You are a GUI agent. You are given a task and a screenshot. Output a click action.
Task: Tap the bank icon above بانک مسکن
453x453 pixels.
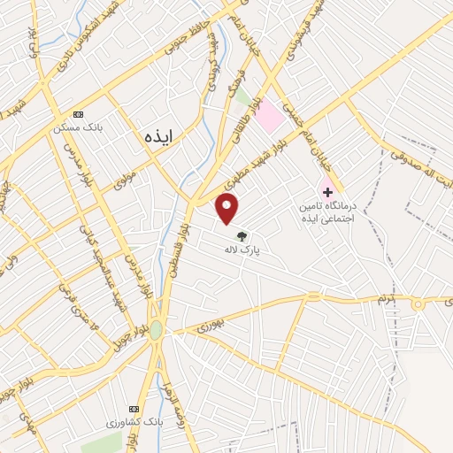tap(79, 114)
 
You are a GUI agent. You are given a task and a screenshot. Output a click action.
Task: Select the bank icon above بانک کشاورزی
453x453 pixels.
tap(134, 409)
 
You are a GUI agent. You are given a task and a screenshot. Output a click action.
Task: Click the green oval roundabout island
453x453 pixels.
tap(157, 330)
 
